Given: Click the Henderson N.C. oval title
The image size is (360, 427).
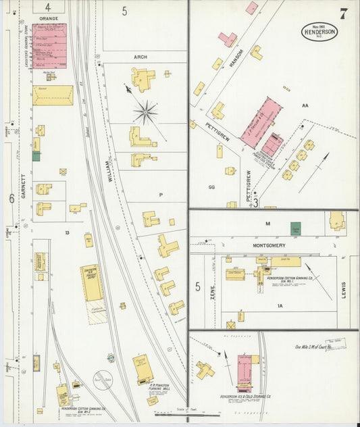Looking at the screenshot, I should [319, 31].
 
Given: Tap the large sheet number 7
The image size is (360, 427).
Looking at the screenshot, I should [344, 13].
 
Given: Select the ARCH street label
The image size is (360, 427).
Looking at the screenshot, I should [140, 57].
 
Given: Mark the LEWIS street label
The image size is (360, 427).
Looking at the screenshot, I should [343, 288].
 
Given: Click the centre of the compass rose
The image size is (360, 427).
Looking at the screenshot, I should [145, 111].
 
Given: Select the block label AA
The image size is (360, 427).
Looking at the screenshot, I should [305, 105].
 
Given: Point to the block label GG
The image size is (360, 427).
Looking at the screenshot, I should [212, 186].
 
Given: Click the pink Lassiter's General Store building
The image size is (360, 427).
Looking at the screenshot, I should [49, 46].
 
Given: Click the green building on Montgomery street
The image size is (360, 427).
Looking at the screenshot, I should [295, 229].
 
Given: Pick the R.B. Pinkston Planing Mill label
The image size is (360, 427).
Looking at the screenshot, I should [159, 388].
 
